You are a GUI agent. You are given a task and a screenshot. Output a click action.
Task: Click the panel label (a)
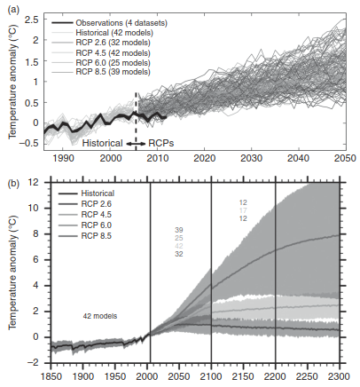point(13,11)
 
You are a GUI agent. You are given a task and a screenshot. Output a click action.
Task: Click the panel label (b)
point(13,184)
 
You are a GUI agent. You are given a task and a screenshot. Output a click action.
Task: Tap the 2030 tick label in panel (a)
point(251,158)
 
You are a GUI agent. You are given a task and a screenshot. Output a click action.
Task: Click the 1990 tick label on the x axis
point(63,158)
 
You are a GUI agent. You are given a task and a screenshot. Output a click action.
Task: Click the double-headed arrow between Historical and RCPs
point(137,144)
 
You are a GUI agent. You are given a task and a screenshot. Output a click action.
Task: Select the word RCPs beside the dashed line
point(161,143)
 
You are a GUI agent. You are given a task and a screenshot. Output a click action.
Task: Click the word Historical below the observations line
point(102,143)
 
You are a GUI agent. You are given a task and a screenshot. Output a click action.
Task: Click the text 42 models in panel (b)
point(100,316)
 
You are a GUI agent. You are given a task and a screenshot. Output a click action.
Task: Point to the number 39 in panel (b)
point(179,230)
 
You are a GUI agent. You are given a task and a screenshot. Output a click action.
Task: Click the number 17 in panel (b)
point(243,210)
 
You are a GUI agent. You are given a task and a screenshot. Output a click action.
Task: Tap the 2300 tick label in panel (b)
point(339,376)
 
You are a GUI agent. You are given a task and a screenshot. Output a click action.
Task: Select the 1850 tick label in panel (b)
point(51,376)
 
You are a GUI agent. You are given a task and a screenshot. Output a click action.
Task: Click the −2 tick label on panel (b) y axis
point(35,363)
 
